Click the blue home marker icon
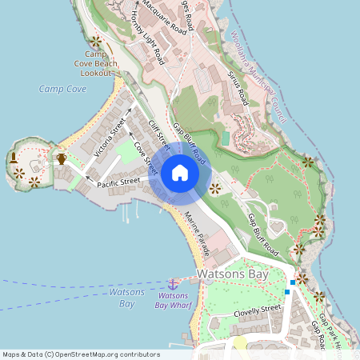[x=180, y=173]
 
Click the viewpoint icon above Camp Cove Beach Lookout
[x=97, y=41]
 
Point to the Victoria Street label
[x=110, y=137]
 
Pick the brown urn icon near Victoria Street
[x=62, y=158]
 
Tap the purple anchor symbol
[x=172, y=284]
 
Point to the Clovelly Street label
[x=258, y=310]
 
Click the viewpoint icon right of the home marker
[x=216, y=189]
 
